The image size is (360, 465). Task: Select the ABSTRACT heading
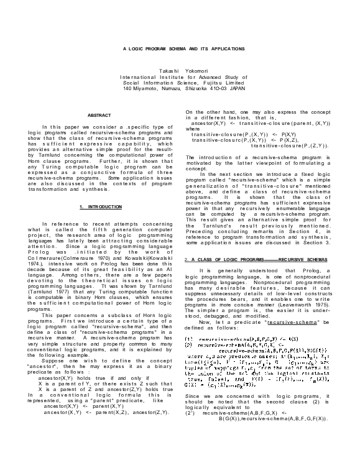[99, 116]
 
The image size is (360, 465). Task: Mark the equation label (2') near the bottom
[191, 412]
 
